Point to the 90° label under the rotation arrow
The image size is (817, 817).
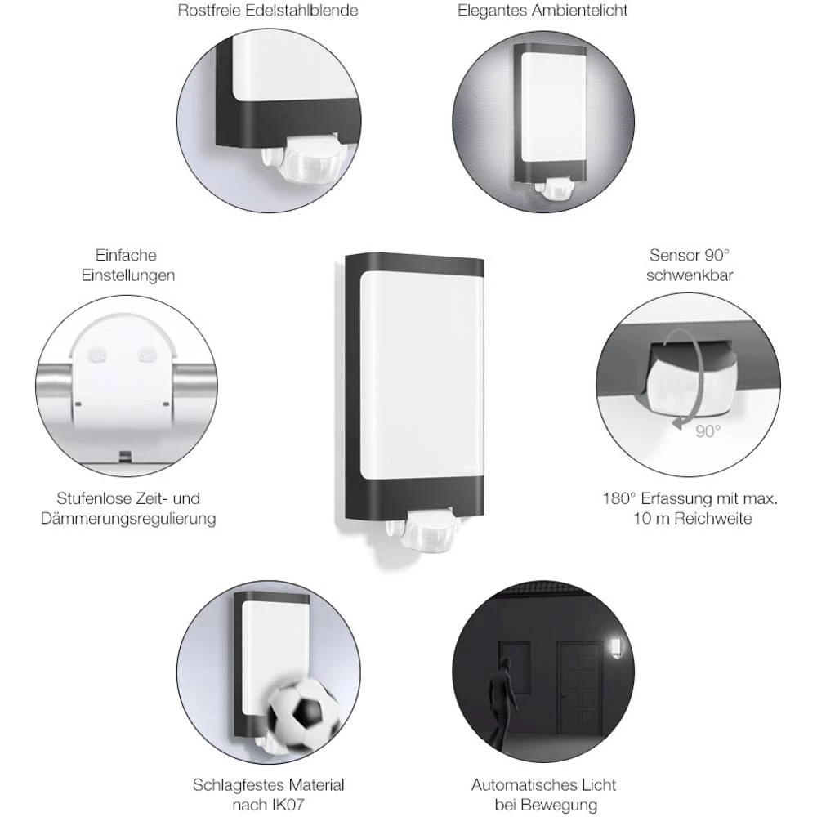pyautogui.click(x=708, y=431)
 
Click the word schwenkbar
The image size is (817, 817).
pyautogui.click(x=689, y=275)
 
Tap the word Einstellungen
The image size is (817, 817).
pyautogui.click(x=128, y=275)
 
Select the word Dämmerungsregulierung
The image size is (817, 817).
pyautogui.click(x=128, y=519)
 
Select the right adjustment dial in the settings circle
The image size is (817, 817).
pyautogui.click(x=148, y=355)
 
